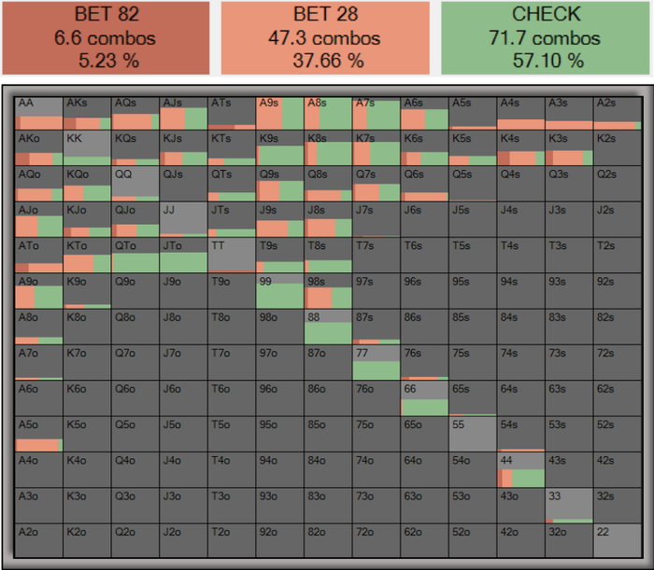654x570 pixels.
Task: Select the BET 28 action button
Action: tap(325, 37)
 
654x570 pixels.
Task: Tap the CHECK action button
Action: tap(547, 37)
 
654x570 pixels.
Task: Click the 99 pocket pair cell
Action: tap(279, 290)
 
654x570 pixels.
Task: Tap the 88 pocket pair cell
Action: tap(327, 326)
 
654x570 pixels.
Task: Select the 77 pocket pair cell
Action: tap(376, 361)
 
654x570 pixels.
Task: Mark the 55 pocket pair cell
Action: tap(472, 433)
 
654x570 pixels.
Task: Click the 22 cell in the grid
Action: tap(617, 541)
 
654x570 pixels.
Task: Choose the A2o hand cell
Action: tap(38, 541)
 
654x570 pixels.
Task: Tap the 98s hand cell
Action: tap(327, 290)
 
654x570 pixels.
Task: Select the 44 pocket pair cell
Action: tap(520, 468)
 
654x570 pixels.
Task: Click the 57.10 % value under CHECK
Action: tap(547, 62)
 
